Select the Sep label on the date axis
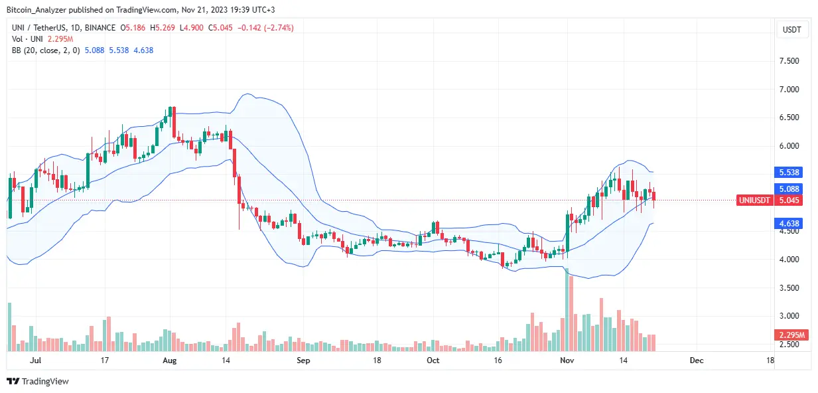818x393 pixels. (x=303, y=360)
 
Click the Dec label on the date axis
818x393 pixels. (x=695, y=360)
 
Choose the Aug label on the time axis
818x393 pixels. (x=170, y=360)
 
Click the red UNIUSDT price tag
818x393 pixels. (x=755, y=200)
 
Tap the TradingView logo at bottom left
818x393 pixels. (x=38, y=382)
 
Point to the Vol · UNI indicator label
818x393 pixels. (x=25, y=39)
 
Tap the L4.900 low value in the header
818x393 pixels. (x=193, y=28)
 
